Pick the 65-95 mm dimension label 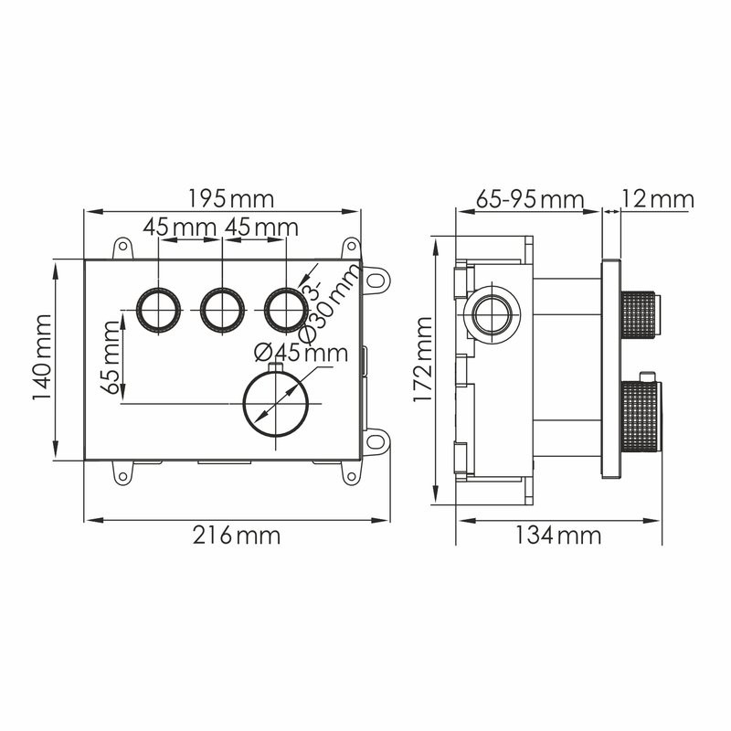(530, 198)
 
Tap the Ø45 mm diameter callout (302, 352)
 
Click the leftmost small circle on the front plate (158, 310)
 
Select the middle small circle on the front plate (222, 310)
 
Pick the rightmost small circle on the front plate (286, 310)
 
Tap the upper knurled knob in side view (640, 311)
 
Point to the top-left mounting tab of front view (122, 248)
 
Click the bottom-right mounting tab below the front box (350, 472)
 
